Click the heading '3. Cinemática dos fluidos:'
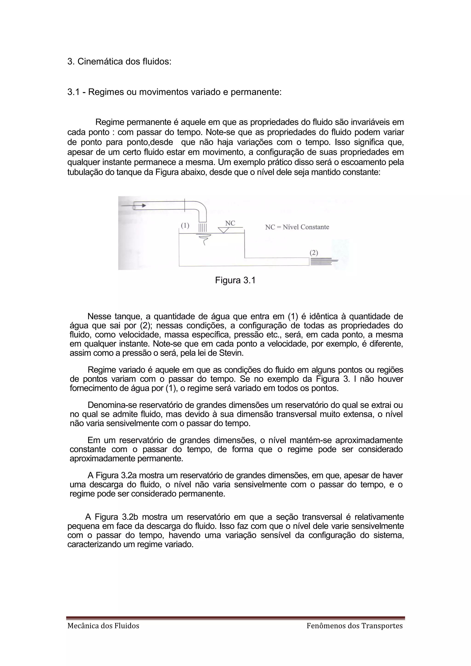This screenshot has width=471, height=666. (119, 62)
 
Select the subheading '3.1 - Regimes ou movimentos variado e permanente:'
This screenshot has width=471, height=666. (174, 92)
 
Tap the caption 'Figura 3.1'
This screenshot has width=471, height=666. (235, 280)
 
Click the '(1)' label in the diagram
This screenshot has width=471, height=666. (185, 225)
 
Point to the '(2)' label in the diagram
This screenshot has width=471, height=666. (314, 253)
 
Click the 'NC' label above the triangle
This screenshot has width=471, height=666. (230, 223)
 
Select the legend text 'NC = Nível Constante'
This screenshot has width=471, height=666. (297, 227)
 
